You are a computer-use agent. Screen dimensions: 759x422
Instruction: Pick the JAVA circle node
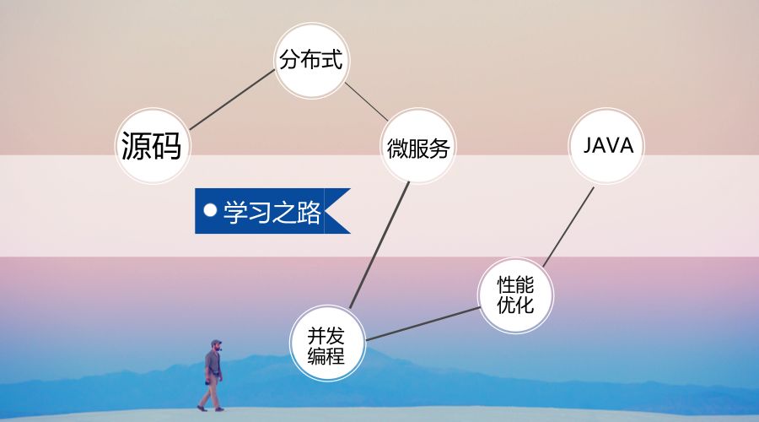click(x=608, y=145)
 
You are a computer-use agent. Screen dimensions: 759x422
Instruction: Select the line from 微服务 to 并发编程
click(x=379, y=245)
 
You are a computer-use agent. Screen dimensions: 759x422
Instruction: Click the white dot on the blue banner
click(x=211, y=208)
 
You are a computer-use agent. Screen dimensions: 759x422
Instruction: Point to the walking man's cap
click(x=216, y=344)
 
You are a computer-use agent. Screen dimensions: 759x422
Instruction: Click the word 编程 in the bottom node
click(x=326, y=355)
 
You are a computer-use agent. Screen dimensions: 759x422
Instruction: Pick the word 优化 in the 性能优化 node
click(x=515, y=305)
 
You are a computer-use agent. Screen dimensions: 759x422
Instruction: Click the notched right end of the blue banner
click(x=340, y=210)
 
